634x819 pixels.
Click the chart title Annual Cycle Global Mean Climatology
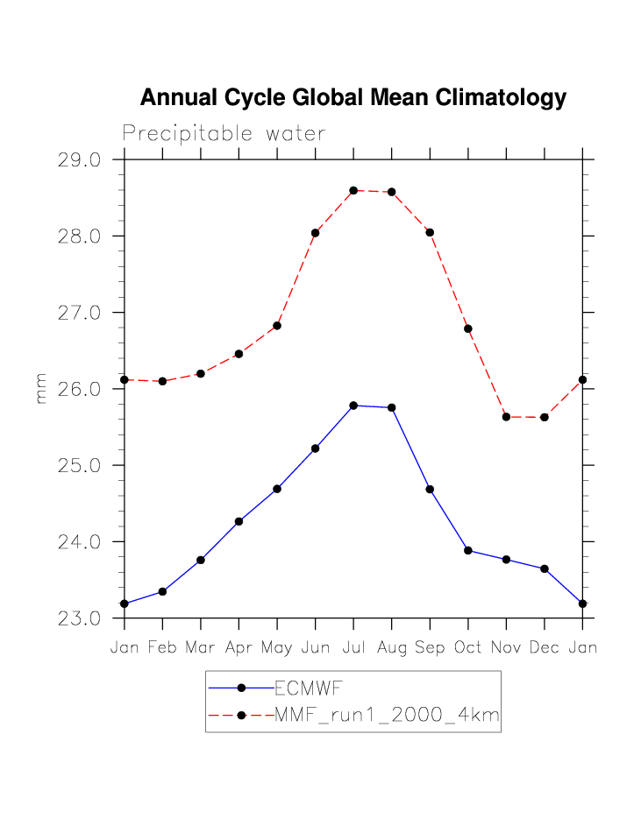[x=353, y=97]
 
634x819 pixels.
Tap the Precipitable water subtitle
[x=224, y=134]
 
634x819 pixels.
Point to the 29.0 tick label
[x=79, y=160]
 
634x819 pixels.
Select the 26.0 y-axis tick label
[x=79, y=389]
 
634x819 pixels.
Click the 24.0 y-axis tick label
[x=79, y=542]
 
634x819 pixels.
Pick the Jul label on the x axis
[x=353, y=648]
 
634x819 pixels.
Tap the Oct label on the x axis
[x=468, y=648]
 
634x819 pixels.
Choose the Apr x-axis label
[x=239, y=648]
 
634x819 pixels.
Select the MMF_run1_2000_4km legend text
[x=387, y=716]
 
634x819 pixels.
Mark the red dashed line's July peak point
[x=353, y=190]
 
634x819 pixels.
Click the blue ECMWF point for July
[x=353, y=406]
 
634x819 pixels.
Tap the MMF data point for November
[x=506, y=417]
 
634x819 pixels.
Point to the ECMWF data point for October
[x=468, y=550]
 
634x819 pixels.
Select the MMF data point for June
[x=315, y=233]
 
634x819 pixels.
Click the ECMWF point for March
[x=201, y=560]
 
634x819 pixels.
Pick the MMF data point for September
[x=430, y=232]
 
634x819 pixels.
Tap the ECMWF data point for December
[x=545, y=568]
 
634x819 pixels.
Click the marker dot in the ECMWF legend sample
[x=241, y=688]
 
